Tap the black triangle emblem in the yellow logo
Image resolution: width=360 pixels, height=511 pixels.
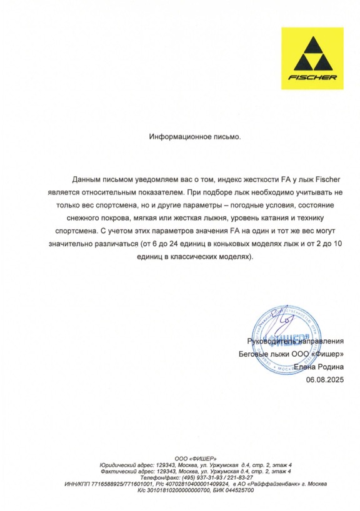click(x=312, y=55)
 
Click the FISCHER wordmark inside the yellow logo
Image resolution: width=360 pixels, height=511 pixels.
click(x=312, y=78)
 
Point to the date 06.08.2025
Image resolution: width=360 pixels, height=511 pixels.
click(x=325, y=379)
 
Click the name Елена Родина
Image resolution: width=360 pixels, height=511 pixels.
click(x=319, y=367)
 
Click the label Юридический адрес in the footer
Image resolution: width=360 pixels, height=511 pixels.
click(x=127, y=466)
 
